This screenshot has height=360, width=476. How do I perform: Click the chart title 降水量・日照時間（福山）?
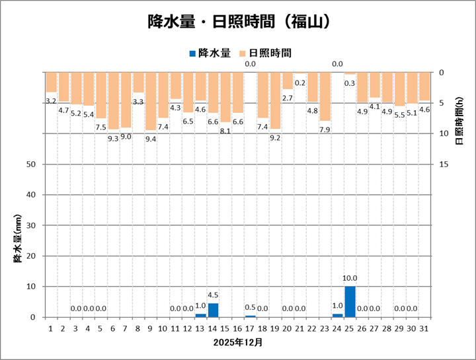[x=238, y=22]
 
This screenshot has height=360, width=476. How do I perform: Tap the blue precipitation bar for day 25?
[x=350, y=302]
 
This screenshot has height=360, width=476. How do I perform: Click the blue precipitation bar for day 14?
[x=213, y=310]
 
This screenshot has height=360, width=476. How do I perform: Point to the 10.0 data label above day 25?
[x=350, y=279]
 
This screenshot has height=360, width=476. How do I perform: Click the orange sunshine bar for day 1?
[x=51, y=82]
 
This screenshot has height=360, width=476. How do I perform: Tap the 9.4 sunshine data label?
[x=151, y=139]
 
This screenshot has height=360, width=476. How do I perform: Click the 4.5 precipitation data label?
[x=213, y=295]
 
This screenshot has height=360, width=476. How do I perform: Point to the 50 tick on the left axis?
[x=30, y=164]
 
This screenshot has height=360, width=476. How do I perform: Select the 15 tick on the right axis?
[x=444, y=164]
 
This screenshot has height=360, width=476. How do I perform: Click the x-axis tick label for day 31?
[x=424, y=327]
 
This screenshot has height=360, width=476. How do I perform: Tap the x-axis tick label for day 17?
[x=250, y=327]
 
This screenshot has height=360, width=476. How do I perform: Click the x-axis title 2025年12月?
[x=238, y=343]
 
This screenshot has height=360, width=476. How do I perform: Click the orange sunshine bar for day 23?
[x=325, y=96]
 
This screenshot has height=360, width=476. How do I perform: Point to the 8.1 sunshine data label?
[x=225, y=131]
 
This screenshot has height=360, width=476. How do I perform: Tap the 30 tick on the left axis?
[x=30, y=225]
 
